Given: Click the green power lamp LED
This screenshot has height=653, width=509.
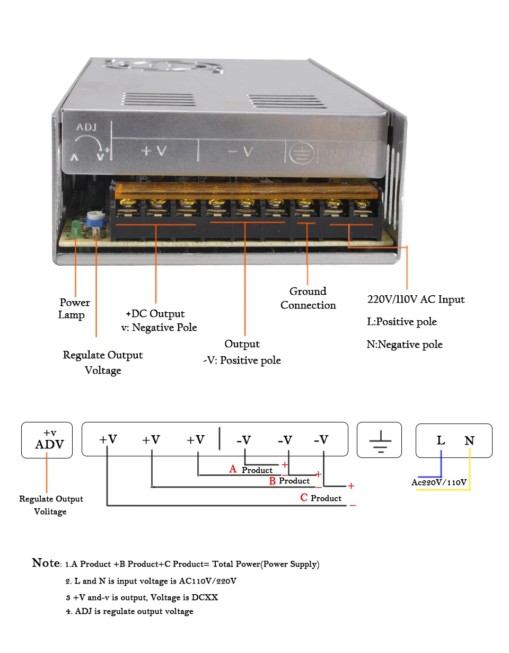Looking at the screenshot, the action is coord(75,228).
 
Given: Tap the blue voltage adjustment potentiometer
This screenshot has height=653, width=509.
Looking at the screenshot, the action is coord(96,219).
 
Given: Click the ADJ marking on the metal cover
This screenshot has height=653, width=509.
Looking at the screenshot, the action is coord(86,127).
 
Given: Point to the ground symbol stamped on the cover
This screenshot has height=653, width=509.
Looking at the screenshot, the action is coord(301,153).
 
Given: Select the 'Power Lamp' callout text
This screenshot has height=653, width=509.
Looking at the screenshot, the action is coord(74,308).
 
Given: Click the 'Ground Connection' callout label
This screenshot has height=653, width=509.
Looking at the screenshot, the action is coord(308,298).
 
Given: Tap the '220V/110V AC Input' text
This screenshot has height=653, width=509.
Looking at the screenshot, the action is coord(416,299).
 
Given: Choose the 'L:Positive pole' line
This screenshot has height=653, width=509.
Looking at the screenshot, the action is coord(402,322).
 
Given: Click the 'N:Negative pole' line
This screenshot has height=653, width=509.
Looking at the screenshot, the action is coord(405,345).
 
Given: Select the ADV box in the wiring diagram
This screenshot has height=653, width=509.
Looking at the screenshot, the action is coord(47,440).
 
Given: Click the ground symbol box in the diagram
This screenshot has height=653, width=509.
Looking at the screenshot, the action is coord(379,439).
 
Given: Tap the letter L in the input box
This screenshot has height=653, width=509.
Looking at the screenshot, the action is coord(441,440).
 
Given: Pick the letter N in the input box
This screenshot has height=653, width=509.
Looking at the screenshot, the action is coord(469,441).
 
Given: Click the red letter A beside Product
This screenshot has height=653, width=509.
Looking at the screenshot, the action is coord(233,469).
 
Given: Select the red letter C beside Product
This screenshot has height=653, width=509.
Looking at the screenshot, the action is coord(304,497).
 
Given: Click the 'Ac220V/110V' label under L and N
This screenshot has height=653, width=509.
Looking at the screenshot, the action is coord(438,482).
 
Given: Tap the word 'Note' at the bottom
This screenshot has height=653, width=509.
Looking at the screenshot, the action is coord(46,563).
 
